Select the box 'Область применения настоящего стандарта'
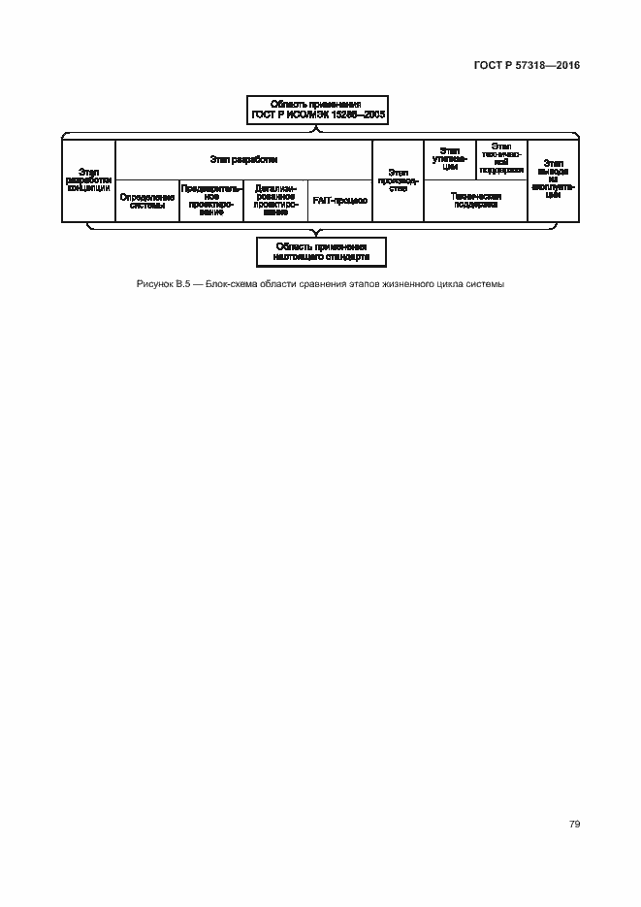pos(320,252)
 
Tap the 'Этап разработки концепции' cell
pos(88,179)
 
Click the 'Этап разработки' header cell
pos(243,159)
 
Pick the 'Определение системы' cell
pos(147,200)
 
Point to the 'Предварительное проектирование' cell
pos(211,200)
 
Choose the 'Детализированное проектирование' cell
pos(275,200)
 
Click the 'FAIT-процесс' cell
pos(339,200)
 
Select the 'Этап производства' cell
pos(398,179)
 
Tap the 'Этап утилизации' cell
pos(449,159)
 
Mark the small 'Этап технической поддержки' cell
pos(501,159)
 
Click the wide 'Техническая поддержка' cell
pos(475,200)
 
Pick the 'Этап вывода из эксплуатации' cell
pos(554,179)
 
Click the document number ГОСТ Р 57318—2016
pos(528,67)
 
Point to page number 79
pos(574,824)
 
